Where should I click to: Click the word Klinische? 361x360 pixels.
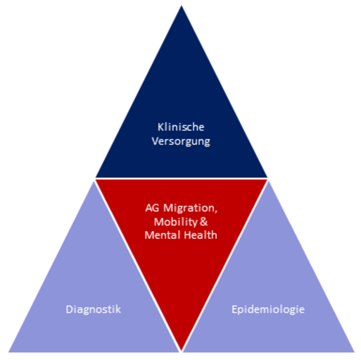[181, 127]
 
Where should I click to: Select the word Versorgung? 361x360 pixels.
[181, 142]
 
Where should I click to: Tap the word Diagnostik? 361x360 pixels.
[93, 309]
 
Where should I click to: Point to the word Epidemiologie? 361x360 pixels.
[268, 309]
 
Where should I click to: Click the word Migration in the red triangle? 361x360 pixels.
[189, 208]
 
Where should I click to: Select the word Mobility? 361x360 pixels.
[176, 222]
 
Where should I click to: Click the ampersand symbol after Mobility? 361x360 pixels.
[204, 222]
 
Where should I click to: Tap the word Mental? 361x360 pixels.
[163, 235]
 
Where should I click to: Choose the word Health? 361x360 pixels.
[201, 235]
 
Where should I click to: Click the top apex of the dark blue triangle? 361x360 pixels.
[182, 6]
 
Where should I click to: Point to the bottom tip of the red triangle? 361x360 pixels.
[182, 352]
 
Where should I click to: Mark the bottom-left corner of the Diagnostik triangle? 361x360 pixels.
[8, 352]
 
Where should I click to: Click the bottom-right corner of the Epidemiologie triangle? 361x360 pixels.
[355, 352]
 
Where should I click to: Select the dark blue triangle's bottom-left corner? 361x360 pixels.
[96, 178]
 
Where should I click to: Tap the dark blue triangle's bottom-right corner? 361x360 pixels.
[267, 178]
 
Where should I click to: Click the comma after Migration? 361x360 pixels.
[216, 211]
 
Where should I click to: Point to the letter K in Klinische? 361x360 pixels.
[160, 128]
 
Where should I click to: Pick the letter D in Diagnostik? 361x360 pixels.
[69, 309]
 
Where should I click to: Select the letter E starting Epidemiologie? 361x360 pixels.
[234, 309]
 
